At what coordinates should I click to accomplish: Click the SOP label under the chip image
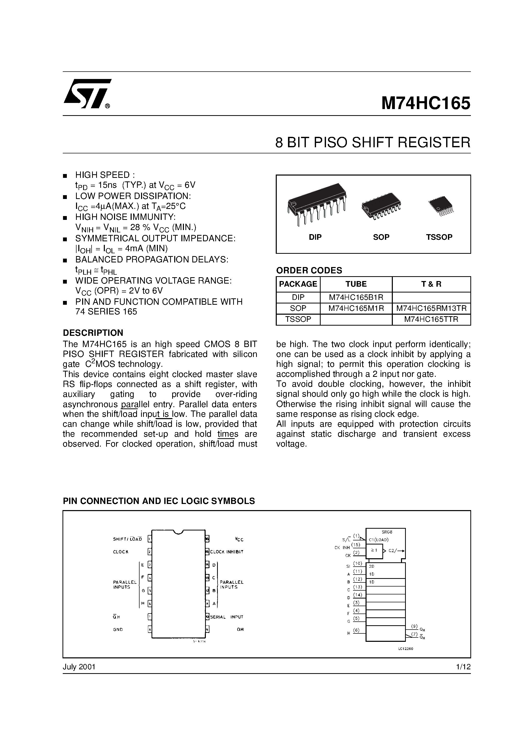point(381,237)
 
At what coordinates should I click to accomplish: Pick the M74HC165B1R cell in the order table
point(356,297)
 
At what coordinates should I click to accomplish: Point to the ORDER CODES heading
point(309,270)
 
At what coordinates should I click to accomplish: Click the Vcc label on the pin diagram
point(239,539)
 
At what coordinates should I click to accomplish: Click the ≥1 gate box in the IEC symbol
point(374,550)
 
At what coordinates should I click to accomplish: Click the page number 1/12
point(463,667)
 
